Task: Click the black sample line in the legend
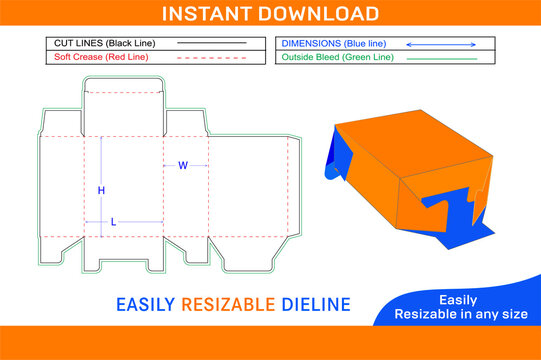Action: (x=212, y=44)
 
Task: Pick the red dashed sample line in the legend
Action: (x=212, y=58)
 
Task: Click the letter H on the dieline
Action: (x=101, y=190)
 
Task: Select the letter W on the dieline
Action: (x=182, y=165)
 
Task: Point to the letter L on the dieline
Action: (x=112, y=221)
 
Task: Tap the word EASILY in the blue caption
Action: (x=146, y=303)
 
